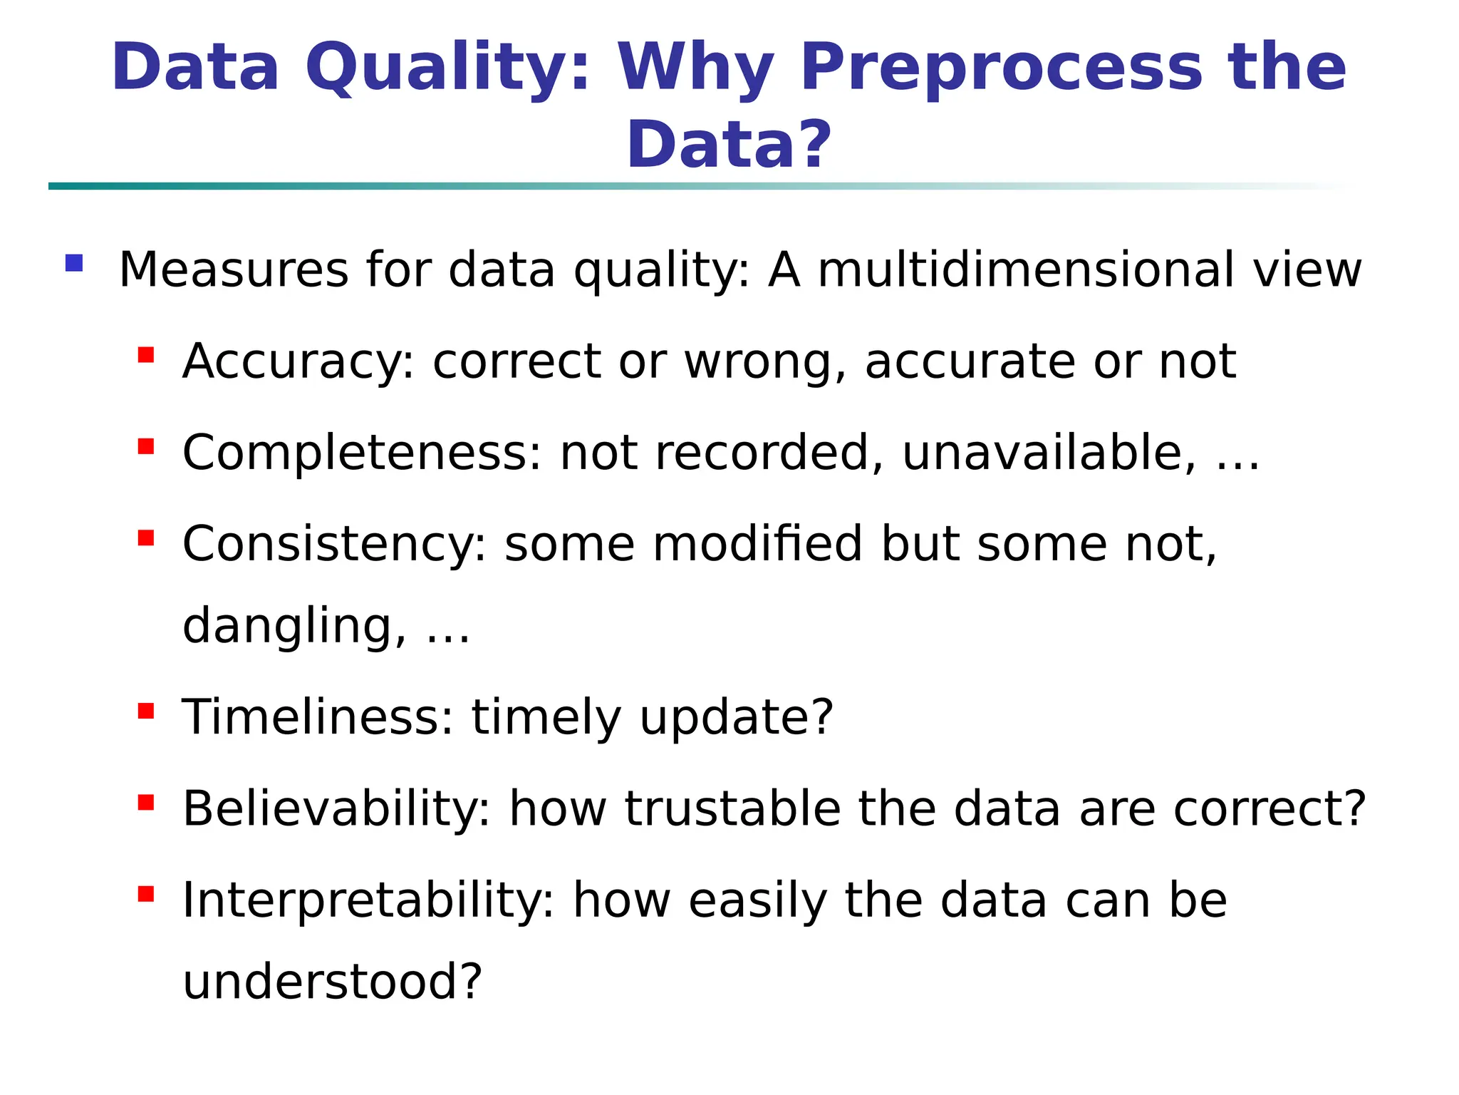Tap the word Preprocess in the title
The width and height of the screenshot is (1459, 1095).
point(1001,69)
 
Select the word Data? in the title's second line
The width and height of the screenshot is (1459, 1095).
point(729,145)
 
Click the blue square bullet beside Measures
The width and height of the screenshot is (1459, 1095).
point(74,264)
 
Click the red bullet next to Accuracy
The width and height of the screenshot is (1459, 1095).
point(146,355)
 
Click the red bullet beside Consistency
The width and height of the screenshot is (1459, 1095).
point(146,538)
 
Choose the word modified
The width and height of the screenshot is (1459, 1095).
point(757,544)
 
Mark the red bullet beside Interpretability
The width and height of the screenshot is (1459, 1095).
point(146,894)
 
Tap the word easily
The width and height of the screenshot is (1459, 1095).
point(757,900)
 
